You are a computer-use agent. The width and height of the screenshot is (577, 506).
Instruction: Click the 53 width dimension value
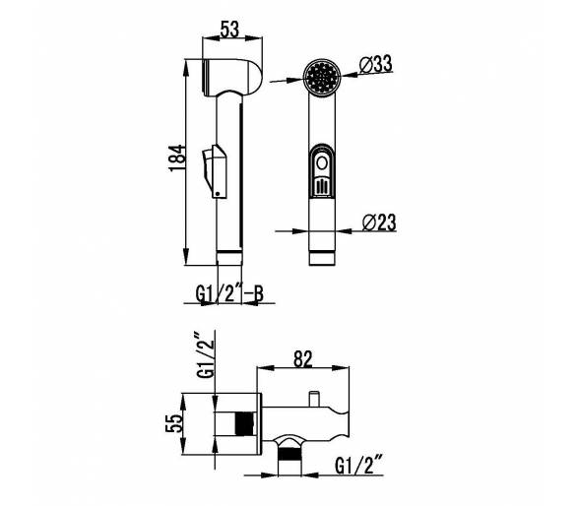pyautogui.click(x=229, y=30)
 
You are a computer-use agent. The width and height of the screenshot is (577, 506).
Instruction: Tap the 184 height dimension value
pyautogui.click(x=177, y=158)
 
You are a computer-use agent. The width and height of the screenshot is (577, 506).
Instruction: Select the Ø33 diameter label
pyautogui.click(x=376, y=64)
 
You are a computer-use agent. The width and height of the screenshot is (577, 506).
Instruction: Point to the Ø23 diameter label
pyautogui.click(x=379, y=222)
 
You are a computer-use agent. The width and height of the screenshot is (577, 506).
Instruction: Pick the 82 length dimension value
pyautogui.click(x=303, y=359)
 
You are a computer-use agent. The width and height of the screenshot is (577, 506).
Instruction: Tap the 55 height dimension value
pyautogui.click(x=174, y=423)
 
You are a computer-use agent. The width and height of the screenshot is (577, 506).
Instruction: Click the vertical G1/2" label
pyautogui.click(x=205, y=354)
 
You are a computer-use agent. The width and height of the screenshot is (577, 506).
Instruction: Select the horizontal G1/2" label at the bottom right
pyautogui.click(x=359, y=466)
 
